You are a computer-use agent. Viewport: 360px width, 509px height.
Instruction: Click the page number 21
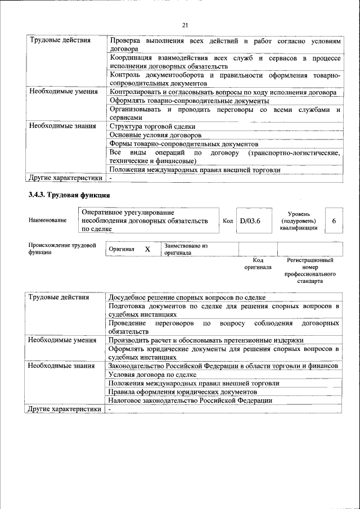(185, 25)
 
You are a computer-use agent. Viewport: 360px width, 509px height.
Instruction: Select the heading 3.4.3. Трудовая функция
(69, 195)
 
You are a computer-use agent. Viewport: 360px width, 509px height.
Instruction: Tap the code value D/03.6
(250, 221)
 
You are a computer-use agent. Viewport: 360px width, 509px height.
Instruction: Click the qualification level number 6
(334, 221)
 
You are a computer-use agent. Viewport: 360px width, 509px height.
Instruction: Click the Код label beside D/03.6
(228, 221)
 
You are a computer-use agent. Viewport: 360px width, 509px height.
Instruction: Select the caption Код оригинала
(258, 264)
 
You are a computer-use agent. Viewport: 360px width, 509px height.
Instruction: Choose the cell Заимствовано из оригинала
(186, 249)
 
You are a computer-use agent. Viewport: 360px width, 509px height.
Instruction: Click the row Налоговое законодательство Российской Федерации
(191, 400)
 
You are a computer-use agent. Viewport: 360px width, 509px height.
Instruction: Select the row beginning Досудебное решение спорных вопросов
(187, 298)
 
